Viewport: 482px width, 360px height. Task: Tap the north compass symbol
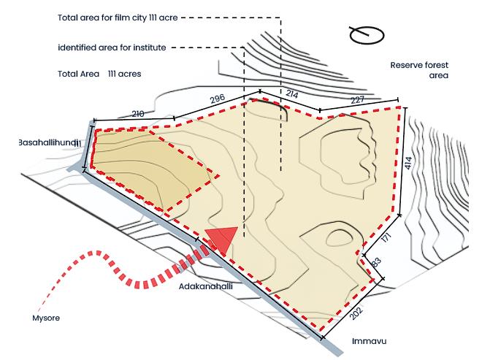point(367,34)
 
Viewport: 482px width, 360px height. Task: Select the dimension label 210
point(138,113)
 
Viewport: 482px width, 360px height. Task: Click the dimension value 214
point(291,94)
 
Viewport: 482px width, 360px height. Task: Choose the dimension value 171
point(386,237)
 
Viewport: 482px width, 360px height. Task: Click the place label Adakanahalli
point(207,287)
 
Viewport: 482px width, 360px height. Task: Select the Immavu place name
point(368,341)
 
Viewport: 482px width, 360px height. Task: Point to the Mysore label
point(46,318)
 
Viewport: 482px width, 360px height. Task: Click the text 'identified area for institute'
point(112,47)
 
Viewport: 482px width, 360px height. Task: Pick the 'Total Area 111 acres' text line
point(99,74)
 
